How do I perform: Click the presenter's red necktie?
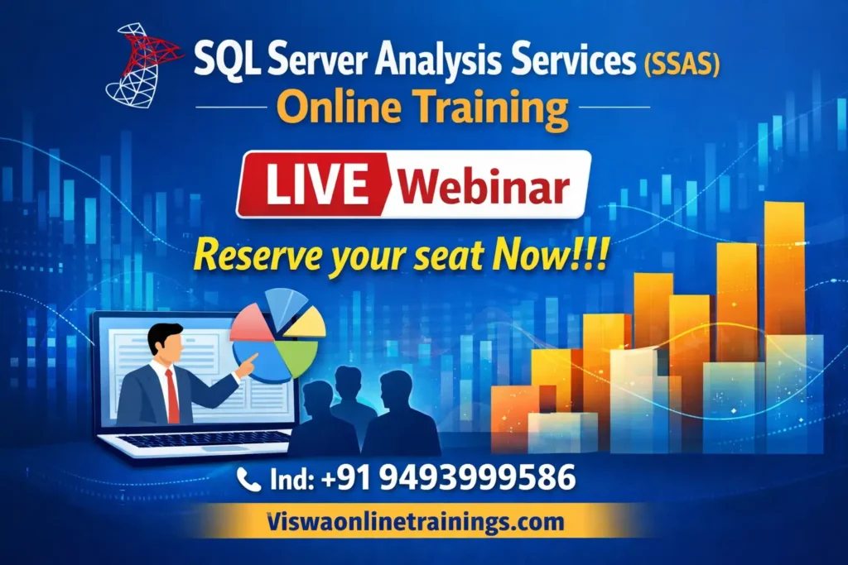pos(172,395)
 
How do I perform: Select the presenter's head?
pos(165,342)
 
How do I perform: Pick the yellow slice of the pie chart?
pos(306,322)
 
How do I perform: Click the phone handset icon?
pos(248,478)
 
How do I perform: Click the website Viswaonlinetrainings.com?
pos(416,522)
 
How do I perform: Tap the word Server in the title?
pos(303,64)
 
